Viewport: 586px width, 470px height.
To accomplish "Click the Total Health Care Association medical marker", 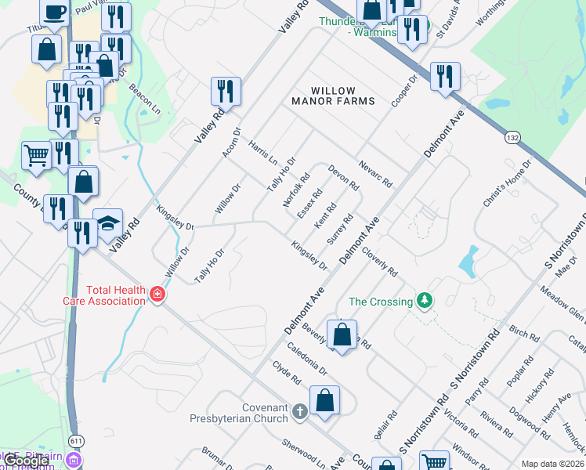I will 157,295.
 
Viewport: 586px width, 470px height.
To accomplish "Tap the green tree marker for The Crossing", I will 425,301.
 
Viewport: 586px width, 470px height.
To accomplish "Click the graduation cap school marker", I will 107,222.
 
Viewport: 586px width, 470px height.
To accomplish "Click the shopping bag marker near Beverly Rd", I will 342,334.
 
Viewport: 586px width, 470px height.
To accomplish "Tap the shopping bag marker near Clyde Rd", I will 324,399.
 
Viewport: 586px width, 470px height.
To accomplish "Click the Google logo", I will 26,461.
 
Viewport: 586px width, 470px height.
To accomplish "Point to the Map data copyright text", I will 552,464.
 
